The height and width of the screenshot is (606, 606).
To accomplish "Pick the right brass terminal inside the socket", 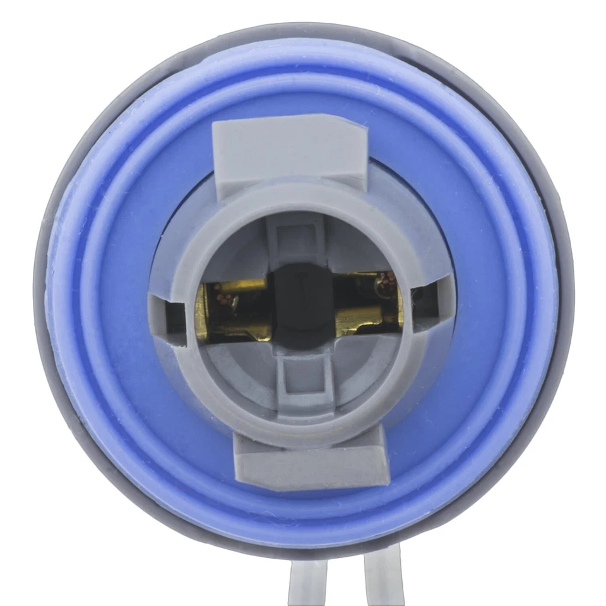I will click(369, 303).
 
